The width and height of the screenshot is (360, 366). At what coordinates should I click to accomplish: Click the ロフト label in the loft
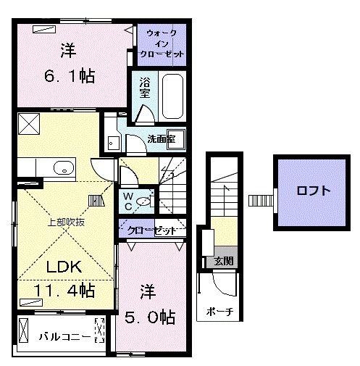coord(314,191)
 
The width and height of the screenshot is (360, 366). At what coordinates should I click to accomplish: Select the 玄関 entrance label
coord(222,261)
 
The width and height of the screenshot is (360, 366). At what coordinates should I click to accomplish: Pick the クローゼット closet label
coord(153,230)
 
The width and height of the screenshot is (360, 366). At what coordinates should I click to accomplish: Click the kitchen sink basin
coord(63,170)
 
